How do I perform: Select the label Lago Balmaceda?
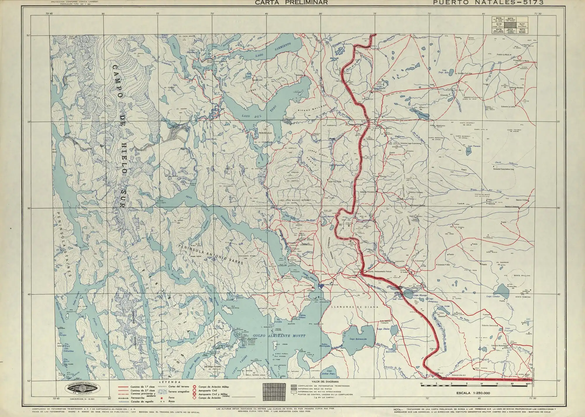[x=357, y=339]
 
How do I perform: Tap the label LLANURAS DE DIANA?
[x=354, y=307]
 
